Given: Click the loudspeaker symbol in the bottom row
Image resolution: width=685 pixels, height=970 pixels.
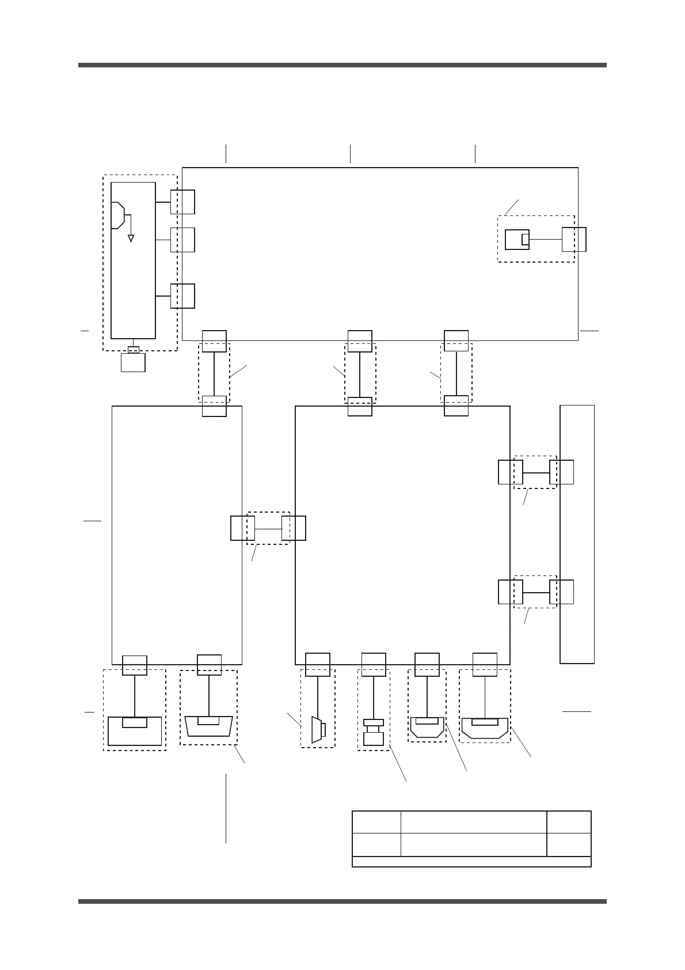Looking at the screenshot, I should coord(317,729).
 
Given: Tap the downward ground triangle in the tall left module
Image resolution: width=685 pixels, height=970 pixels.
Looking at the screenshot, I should coord(131,237).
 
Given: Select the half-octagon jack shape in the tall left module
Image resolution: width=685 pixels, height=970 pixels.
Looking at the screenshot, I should coord(117,215).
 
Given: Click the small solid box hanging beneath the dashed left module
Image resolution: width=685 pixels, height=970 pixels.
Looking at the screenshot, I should coord(133,362).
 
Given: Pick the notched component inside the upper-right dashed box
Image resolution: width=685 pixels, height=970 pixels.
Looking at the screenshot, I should coord(517,239).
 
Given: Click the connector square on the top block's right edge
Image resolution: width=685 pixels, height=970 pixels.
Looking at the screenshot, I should coord(574,239).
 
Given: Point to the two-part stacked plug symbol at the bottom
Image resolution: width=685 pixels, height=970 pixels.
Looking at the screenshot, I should coord(374,733).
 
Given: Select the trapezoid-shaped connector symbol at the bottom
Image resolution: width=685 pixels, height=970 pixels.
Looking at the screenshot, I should coord(209,726).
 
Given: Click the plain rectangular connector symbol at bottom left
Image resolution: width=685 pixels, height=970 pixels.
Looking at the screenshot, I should coord(135,732).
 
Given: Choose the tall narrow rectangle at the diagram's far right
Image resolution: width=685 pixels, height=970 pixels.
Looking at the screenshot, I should coord(577,535).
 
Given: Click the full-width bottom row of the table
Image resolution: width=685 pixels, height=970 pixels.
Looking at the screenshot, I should coord(471,861).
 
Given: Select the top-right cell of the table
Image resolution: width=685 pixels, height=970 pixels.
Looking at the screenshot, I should coord(569,821).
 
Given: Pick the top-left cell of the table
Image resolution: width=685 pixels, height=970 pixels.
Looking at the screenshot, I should coord(376,821).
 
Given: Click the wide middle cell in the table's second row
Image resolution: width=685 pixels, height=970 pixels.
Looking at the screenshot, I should coord(473,844).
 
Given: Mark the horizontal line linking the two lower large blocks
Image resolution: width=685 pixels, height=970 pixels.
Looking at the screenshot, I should coord(268,528).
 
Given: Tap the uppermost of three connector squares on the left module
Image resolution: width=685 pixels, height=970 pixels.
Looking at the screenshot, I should coord(182,202).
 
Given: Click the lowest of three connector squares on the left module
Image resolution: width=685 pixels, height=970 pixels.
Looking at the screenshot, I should coord(182,295).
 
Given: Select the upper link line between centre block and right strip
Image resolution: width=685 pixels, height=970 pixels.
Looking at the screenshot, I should coord(536,472).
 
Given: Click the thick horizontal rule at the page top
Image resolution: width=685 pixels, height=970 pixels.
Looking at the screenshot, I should coord(342,65).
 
